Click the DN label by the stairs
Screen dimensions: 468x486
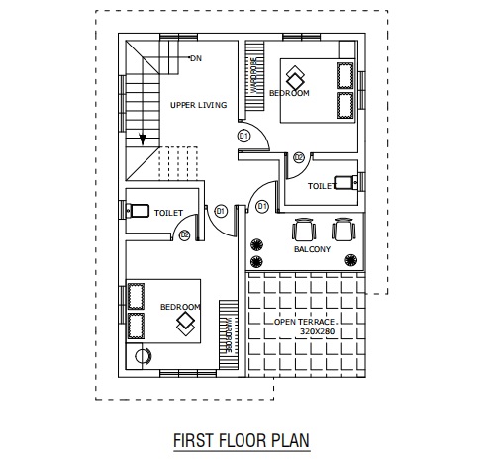[x=196, y=58]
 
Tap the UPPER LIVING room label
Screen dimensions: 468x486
[x=198, y=105]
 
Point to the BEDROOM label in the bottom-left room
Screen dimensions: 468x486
[x=180, y=307]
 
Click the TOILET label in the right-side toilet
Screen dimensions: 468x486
[x=320, y=185]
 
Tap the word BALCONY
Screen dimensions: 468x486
[x=313, y=250]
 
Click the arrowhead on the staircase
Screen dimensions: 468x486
[x=144, y=139]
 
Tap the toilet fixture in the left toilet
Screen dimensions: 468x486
[x=137, y=210]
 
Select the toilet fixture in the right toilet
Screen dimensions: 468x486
[x=343, y=182]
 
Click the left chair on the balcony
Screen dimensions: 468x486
[x=303, y=230]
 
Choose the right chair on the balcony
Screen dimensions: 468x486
[x=342, y=230]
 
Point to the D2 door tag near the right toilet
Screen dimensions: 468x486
[x=299, y=156]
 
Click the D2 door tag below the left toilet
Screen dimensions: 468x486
[x=184, y=234]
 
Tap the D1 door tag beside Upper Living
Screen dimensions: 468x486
[x=243, y=135]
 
